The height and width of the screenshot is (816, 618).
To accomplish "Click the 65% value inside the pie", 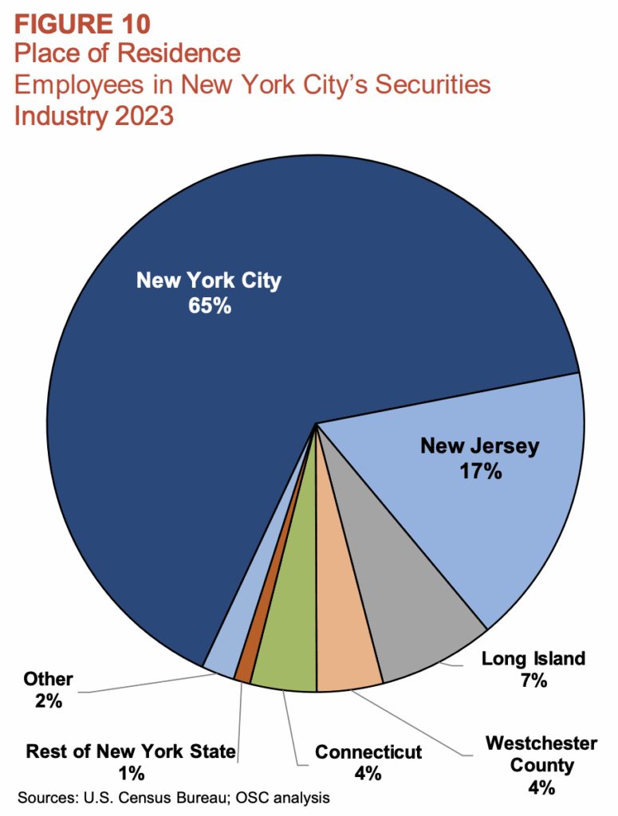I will (209, 306).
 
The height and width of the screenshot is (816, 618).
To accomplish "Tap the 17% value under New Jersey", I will (479, 471).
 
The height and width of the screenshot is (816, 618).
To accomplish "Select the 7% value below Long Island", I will (533, 681).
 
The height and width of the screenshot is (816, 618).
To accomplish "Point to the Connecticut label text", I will (368, 751).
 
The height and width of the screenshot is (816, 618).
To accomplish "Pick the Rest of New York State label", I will (131, 751).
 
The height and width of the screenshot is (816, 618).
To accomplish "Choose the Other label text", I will (48, 679).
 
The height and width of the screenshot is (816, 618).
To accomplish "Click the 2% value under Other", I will (48, 701).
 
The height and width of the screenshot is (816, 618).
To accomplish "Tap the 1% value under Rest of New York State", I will (131, 772).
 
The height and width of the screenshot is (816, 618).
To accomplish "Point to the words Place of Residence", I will (127, 53).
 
